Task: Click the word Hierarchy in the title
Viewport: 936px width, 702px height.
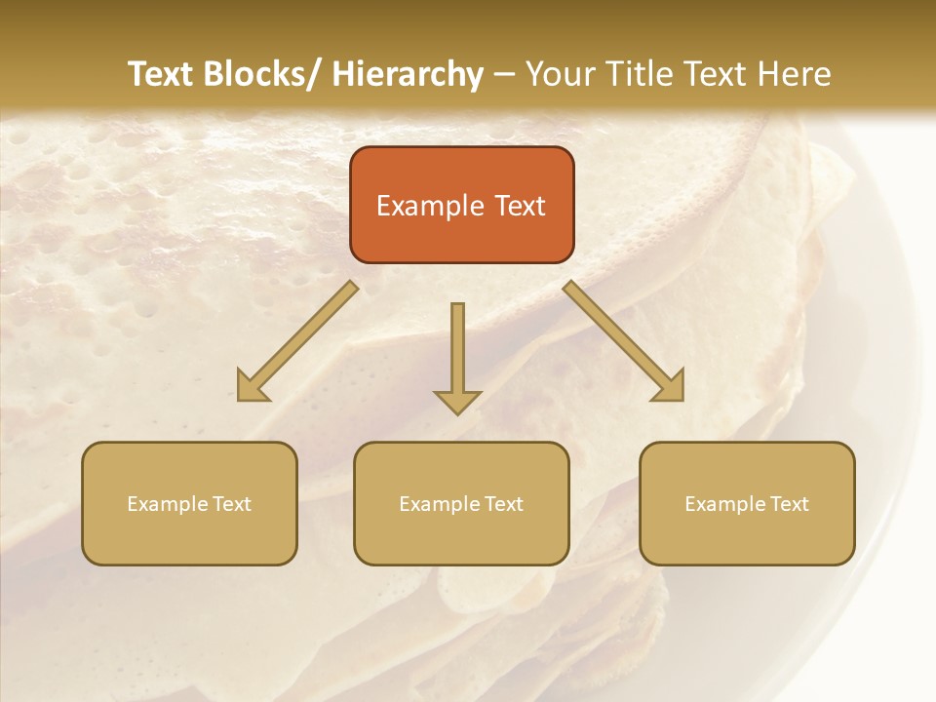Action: [x=408, y=74]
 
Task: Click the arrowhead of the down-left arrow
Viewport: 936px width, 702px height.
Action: [x=252, y=388]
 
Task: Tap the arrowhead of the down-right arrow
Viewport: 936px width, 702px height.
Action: [x=670, y=387]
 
